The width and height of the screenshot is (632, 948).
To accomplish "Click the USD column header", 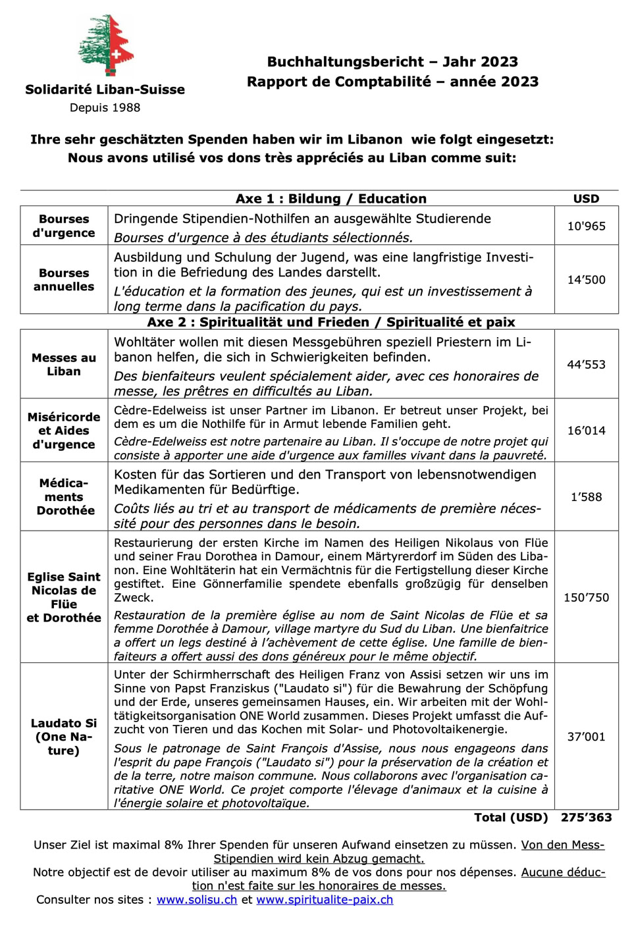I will pyautogui.click(x=586, y=199).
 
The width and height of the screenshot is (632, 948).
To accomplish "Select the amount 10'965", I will pyautogui.click(x=586, y=226).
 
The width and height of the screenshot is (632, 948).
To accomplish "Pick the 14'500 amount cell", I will pyautogui.click(x=586, y=280).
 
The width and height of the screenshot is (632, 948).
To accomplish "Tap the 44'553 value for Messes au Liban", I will pyautogui.click(x=586, y=364).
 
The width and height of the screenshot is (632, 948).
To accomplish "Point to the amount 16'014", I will pyautogui.click(x=586, y=431).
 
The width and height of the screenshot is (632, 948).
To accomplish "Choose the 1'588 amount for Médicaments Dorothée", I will pyautogui.click(x=586, y=497).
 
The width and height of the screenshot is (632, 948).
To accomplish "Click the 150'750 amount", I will pyautogui.click(x=586, y=598).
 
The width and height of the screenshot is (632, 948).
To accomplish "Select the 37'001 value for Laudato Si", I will pyautogui.click(x=586, y=737).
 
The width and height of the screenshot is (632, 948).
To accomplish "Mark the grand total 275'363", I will pyautogui.click(x=586, y=817).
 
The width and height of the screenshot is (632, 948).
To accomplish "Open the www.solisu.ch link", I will pyautogui.click(x=197, y=900).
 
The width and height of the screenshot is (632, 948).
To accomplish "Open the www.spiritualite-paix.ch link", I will pyautogui.click(x=325, y=900).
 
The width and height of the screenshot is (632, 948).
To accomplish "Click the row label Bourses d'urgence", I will pyautogui.click(x=64, y=226).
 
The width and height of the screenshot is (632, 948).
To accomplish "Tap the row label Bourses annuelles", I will pyautogui.click(x=64, y=280).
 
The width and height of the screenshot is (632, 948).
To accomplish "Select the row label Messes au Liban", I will pyautogui.click(x=64, y=364).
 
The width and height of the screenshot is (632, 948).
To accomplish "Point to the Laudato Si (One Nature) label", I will pyautogui.click(x=64, y=737).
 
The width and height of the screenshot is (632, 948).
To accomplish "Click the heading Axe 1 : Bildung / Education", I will pyautogui.click(x=331, y=199).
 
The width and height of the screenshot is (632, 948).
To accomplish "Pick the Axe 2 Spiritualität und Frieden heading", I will pyautogui.click(x=331, y=322).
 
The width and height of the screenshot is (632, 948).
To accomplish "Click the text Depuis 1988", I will pyautogui.click(x=105, y=107).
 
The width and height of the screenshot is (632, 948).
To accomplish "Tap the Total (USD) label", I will pyautogui.click(x=511, y=817).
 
